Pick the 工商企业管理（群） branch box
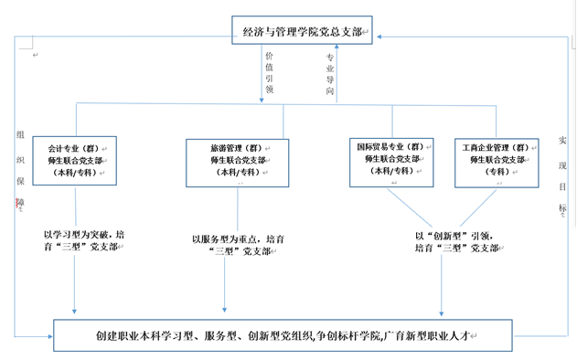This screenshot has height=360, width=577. (x=498, y=158)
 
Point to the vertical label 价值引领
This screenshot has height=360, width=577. (x=267, y=72)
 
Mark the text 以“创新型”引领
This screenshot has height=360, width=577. (x=454, y=235)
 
